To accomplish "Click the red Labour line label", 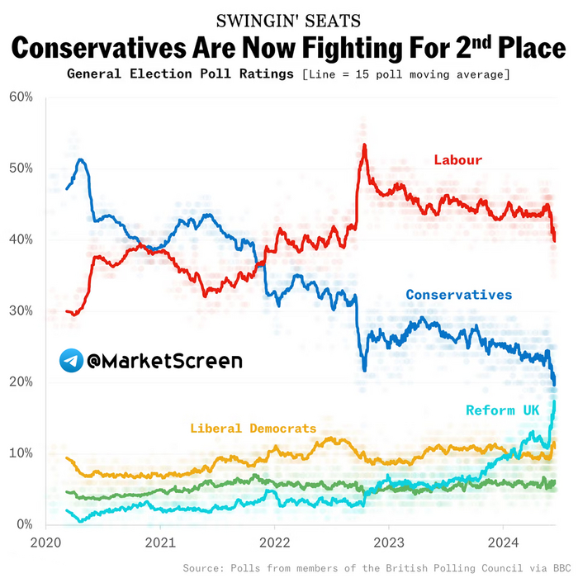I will [458, 159].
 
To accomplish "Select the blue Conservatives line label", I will [458, 295].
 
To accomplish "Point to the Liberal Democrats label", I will [253, 429].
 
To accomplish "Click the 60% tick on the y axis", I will [21, 97].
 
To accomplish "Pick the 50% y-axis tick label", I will [21, 168].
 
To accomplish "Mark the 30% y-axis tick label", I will [21, 311].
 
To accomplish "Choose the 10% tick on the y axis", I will [21, 453].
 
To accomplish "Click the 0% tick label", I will [24, 525].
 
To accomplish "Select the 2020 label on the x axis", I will [45, 543].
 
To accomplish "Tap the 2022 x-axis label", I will [274, 543].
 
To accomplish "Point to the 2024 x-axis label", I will [503, 543].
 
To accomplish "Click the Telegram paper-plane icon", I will [70, 360].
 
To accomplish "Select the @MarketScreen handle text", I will [164, 361].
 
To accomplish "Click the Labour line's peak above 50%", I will [364, 145].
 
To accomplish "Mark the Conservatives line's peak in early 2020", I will [80, 159].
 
